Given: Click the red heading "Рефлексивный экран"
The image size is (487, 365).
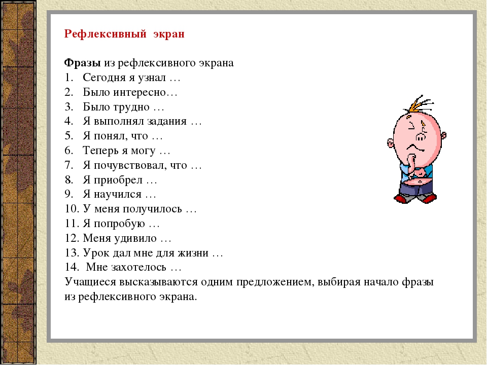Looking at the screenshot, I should click(x=124, y=34).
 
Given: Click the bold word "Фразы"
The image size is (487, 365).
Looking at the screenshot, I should click(x=83, y=63).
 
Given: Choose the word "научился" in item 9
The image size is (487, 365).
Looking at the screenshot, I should click(x=123, y=194).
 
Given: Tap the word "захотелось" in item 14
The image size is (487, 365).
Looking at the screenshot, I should click(x=142, y=267).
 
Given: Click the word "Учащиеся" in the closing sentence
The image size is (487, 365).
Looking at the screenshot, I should click(x=91, y=281).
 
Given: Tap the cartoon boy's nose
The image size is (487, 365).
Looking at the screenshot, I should click(x=422, y=136).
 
